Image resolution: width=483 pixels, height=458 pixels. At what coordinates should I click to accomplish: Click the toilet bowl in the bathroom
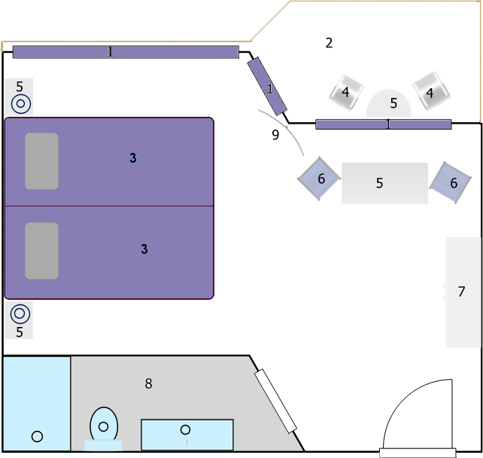104,425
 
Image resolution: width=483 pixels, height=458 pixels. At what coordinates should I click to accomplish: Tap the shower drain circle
38,436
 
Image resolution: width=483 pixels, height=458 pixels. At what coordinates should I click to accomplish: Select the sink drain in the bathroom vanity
185,429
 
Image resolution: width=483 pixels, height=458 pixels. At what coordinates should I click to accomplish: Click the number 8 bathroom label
148,383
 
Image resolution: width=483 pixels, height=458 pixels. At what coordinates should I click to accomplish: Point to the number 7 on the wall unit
461,292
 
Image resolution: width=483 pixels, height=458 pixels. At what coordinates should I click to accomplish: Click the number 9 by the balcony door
275,135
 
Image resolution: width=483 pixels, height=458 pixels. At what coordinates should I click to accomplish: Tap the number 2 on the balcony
329,43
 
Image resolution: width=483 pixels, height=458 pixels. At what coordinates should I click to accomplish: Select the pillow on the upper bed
41,161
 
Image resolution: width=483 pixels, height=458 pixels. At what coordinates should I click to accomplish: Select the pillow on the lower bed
41,251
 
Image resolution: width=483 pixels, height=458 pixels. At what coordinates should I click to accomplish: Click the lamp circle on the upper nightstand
21,104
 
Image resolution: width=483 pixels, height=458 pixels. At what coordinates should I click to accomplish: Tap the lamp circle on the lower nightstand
20,313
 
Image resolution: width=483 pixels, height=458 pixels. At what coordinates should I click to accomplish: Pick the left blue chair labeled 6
319,179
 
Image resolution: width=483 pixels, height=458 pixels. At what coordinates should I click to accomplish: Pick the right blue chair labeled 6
451,182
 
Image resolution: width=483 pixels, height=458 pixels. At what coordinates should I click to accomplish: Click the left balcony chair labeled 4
346,92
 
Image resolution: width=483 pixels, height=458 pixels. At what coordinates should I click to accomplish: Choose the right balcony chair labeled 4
431,91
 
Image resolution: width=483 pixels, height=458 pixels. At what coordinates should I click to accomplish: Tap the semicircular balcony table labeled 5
389,103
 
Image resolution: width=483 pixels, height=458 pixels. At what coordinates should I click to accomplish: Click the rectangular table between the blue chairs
384,183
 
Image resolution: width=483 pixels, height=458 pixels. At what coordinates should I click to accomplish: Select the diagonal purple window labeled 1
267,86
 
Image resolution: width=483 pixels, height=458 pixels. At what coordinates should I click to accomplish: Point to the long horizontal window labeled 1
126,52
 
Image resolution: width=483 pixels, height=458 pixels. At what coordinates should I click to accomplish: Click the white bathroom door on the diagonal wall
275,401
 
